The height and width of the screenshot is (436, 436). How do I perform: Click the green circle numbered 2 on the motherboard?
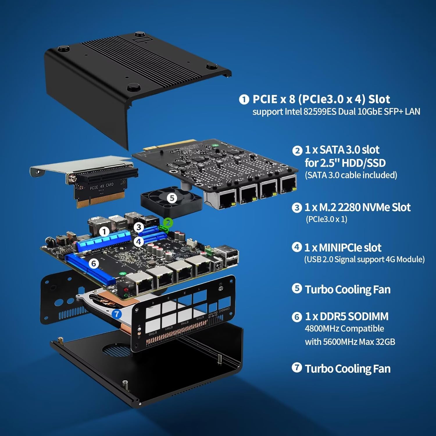[168, 223]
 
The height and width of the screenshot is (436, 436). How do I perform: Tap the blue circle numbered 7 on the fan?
[117, 314]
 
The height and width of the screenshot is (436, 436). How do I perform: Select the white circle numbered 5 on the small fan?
[172, 198]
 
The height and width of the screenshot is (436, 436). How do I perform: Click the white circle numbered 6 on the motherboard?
[94, 263]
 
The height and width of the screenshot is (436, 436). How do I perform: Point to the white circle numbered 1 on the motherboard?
[104, 232]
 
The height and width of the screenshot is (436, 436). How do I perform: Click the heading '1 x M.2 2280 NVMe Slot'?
[357, 208]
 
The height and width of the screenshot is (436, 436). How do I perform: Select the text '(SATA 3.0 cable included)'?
[351, 175]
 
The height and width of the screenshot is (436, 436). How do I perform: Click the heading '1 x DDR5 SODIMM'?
[346, 316]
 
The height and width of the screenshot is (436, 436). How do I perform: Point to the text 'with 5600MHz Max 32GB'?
[350, 342]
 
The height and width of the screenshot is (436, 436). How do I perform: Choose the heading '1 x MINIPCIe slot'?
[343, 248]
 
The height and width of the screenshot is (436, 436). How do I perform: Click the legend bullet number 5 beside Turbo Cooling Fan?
[297, 288]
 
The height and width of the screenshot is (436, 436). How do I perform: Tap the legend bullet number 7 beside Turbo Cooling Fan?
[297, 367]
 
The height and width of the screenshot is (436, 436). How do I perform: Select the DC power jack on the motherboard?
[217, 266]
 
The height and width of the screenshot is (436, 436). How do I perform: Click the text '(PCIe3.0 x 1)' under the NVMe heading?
[326, 219]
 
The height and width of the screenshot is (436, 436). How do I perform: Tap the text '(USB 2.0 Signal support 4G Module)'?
[364, 259]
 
